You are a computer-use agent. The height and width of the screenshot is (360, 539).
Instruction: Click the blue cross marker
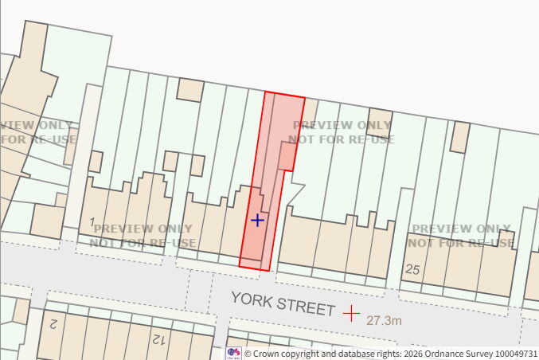click(x=257, y=220)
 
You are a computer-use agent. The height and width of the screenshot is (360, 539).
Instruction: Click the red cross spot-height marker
click(x=351, y=313)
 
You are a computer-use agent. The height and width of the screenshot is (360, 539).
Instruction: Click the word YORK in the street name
click(x=253, y=299)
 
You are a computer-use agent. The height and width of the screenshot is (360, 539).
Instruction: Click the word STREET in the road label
click(x=307, y=307)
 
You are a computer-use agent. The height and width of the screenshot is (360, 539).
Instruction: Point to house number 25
click(x=412, y=270)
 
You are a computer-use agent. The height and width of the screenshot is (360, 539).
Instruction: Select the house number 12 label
click(x=158, y=340)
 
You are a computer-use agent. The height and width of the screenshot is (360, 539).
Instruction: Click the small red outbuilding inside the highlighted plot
click(x=286, y=156)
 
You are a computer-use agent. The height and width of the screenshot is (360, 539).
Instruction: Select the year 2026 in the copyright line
click(x=412, y=353)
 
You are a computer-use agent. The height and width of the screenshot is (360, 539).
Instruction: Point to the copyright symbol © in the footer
click(x=248, y=353)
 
